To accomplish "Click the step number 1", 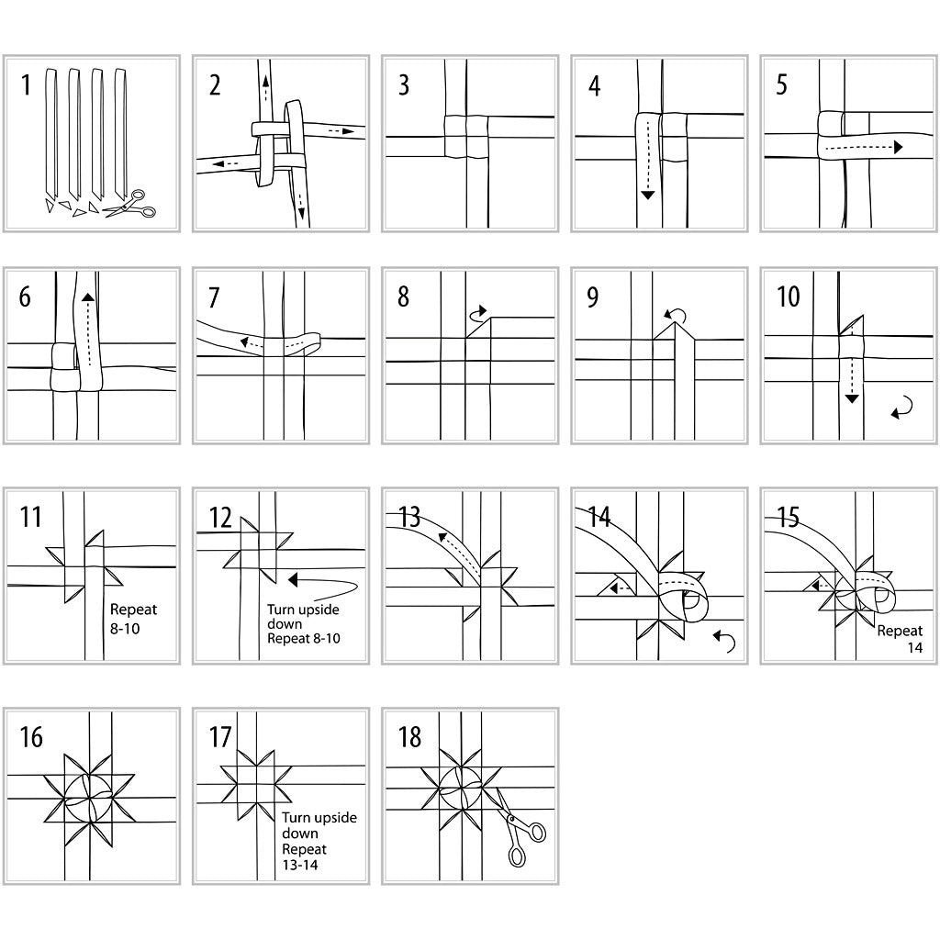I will click(26, 85).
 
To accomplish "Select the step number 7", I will click(214, 297).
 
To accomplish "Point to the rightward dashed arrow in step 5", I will click(863, 147).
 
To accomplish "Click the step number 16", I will click(30, 737).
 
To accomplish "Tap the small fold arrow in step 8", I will click(478, 315).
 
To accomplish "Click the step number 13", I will click(408, 517).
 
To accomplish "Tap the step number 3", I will click(404, 85).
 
